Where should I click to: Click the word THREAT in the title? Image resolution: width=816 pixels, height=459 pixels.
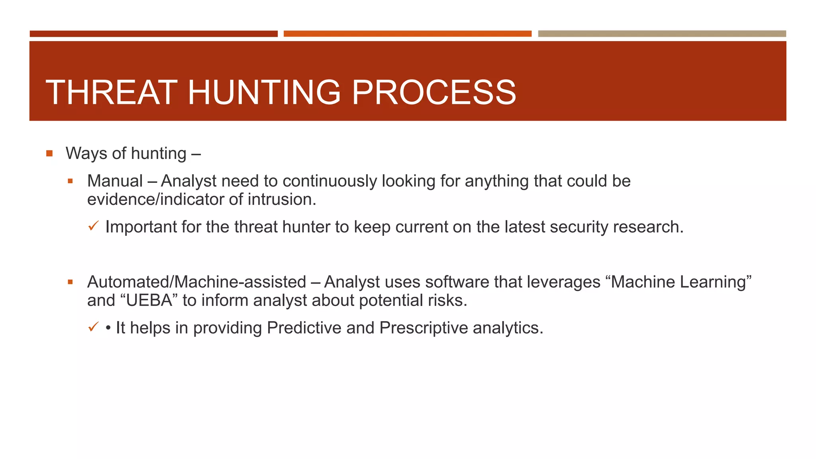pyautogui.click(x=111, y=92)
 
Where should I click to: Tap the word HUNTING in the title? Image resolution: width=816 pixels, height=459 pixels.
pyautogui.click(x=264, y=92)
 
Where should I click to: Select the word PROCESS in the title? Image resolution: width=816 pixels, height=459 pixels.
pyautogui.click(x=433, y=92)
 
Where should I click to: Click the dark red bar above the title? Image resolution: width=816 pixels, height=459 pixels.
pyautogui.click(x=153, y=34)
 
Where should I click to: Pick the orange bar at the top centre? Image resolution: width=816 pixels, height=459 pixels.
pyautogui.click(x=407, y=34)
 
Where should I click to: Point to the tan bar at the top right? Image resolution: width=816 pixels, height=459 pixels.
pyautogui.click(x=662, y=34)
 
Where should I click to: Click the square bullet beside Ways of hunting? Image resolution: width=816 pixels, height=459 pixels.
pyautogui.click(x=49, y=153)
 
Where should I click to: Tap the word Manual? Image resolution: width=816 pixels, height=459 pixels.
pyautogui.click(x=115, y=181)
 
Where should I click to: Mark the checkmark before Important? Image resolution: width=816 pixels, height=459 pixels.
pyautogui.click(x=93, y=226)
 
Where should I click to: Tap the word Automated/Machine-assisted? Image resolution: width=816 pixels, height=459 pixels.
pyautogui.click(x=196, y=282)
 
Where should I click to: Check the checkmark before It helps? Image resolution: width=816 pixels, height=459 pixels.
pyautogui.click(x=93, y=327)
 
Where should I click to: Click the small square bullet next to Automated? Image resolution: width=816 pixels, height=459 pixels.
pyautogui.click(x=70, y=282)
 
